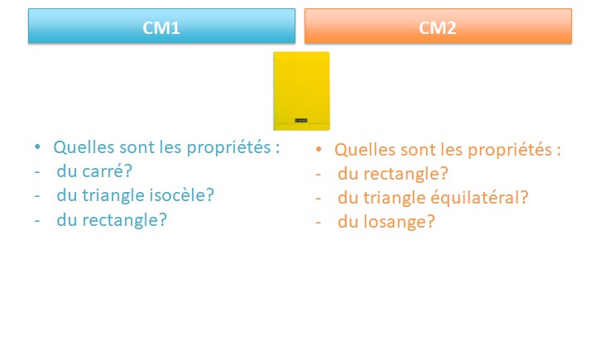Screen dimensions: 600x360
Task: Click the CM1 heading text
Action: pos(161,28)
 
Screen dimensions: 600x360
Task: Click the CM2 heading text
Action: pos(437,28)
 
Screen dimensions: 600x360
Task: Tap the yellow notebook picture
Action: pos(301,91)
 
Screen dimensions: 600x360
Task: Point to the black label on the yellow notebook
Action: pos(301,121)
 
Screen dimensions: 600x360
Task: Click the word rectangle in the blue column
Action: pos(125,220)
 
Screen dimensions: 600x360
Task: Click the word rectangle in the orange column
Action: pos(406,174)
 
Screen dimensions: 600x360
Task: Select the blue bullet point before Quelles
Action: pos(37,147)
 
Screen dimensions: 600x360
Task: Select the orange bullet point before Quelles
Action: pos(319,149)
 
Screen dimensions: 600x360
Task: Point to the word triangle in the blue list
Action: pos(113,195)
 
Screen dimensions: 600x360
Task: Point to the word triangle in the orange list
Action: pos(394,198)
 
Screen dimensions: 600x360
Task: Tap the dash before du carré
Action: pos(37,172)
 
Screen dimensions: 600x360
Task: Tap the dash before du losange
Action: pos(319,223)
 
